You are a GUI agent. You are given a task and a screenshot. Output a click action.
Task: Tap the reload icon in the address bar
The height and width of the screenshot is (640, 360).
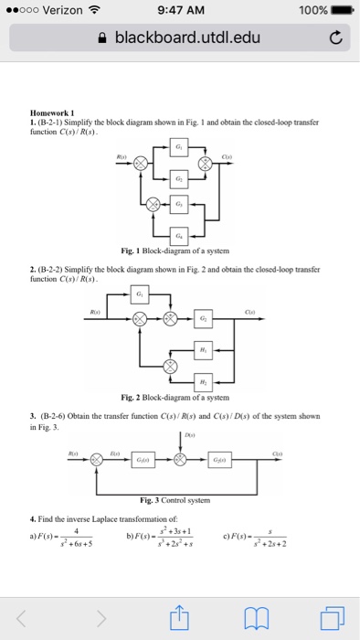click(336, 37)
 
